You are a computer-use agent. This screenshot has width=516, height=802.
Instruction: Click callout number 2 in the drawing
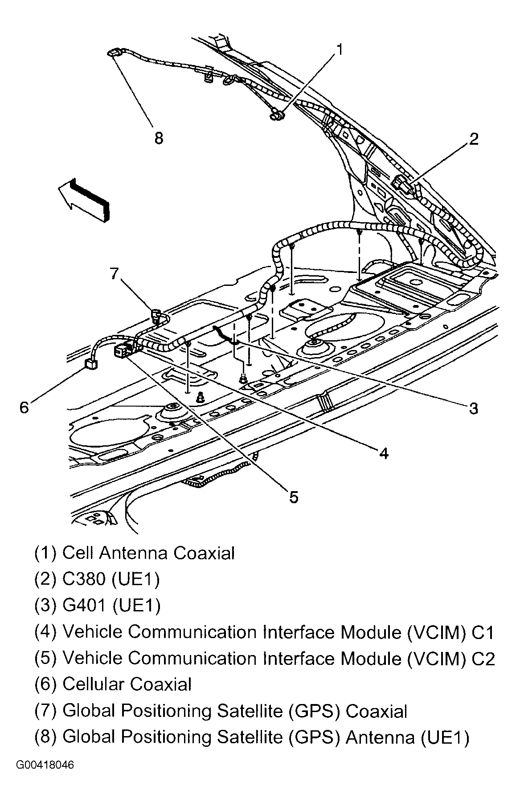point(473,139)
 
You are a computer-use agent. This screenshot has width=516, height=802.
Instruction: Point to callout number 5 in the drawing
point(293,497)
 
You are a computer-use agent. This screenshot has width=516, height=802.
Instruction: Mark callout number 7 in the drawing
point(115,273)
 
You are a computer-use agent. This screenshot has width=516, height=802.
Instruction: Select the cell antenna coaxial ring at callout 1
point(276,117)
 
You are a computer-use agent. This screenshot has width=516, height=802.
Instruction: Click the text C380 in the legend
point(84,579)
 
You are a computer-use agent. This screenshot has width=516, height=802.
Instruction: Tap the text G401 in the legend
point(84,605)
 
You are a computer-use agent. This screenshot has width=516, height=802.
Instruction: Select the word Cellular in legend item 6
point(92,684)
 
